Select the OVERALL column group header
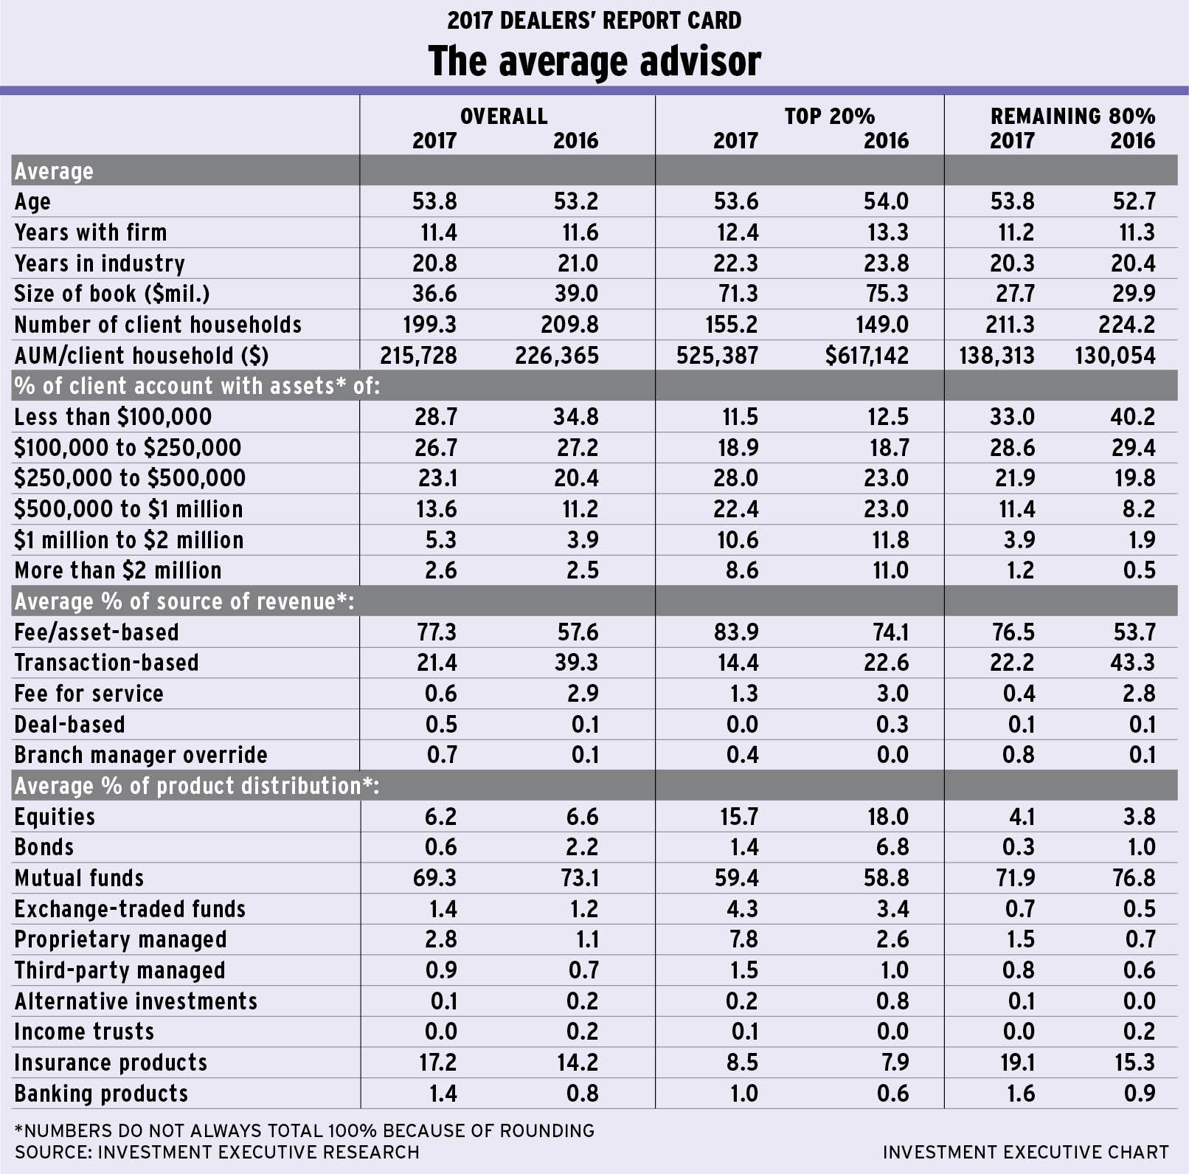[504, 116]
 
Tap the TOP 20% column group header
[829, 116]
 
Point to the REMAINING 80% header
[1072, 116]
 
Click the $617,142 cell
[867, 356]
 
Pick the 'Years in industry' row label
[100, 263]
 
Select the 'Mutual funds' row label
[79, 878]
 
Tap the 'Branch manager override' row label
[141, 755]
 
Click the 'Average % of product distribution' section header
[196, 786]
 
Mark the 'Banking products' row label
[101, 1094]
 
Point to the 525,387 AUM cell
[717, 356]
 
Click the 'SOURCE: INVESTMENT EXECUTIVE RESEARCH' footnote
[217, 1152]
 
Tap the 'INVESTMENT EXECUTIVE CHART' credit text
[1025, 1152]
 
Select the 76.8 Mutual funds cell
[1133, 878]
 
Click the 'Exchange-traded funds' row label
[130, 909]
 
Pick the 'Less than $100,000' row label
[113, 417]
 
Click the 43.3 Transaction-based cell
[1133, 663]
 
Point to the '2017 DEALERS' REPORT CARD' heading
[594, 20]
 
